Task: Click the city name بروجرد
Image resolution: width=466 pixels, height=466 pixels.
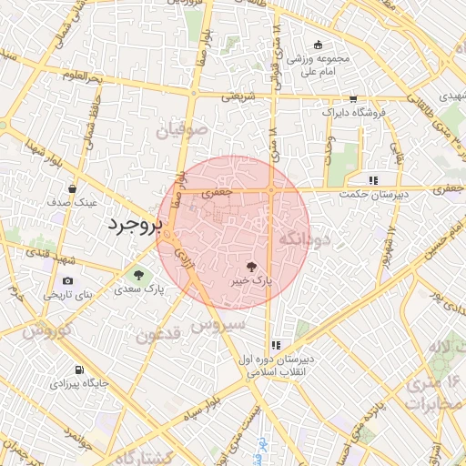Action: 134,225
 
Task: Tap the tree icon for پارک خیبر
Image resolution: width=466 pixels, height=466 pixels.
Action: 251,267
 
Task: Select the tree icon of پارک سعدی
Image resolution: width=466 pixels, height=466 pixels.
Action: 138,274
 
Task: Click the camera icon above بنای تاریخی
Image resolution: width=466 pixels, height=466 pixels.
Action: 68,280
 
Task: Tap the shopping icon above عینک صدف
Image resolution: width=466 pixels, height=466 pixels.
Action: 72,189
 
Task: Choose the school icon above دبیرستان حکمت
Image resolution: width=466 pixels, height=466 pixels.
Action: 373,179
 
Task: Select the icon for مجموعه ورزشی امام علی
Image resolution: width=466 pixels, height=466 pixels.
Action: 317,45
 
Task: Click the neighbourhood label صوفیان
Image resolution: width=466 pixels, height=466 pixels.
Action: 182,132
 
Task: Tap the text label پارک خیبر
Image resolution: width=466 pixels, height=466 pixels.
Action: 251,283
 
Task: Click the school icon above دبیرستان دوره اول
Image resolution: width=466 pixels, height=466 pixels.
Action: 275,345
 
